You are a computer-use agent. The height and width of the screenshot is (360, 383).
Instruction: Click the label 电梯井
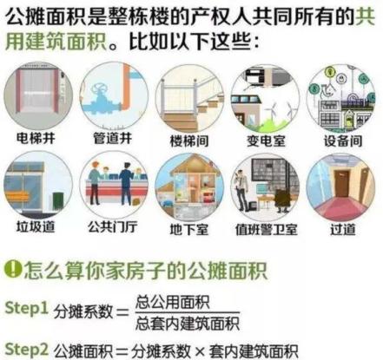pyautogui.click(x=36, y=138)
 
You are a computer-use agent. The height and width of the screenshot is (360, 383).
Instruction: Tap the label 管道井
pyautogui.click(x=112, y=138)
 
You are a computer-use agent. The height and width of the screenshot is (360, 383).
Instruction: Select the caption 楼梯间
pyautogui.click(x=189, y=141)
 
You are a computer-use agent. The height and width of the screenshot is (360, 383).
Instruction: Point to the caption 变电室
pyautogui.click(x=266, y=141)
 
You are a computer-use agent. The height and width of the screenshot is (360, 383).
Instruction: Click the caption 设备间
pyautogui.click(x=343, y=141)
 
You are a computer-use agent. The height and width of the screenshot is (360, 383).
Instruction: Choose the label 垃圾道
pyautogui.click(x=36, y=226)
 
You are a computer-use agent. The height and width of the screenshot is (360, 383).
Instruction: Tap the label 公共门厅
pyautogui.click(x=112, y=227)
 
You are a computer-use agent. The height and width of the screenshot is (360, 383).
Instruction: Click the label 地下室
pyautogui.click(x=189, y=230)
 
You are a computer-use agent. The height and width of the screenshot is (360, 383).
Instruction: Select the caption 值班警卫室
pyautogui.click(x=267, y=230)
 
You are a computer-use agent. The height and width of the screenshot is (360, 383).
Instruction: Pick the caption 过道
pyautogui.click(x=343, y=230)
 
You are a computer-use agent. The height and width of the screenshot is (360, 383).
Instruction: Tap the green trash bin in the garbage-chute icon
pyautogui.click(x=58, y=201)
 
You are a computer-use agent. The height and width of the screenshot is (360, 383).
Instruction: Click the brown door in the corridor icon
pyautogui.click(x=342, y=184)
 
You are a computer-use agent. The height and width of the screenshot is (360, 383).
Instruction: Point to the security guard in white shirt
pyautogui.click(x=241, y=189)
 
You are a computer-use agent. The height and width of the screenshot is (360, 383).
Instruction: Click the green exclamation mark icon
pyautogui.click(x=13, y=269)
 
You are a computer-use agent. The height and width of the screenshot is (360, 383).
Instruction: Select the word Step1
pyautogui.click(x=26, y=308)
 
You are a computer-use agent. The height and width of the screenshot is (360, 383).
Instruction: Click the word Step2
pyautogui.click(x=26, y=349)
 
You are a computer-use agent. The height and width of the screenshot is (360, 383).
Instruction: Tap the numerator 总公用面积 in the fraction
pyautogui.click(x=173, y=302)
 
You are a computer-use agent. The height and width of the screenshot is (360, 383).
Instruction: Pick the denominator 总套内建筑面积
pyautogui.click(x=188, y=324)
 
